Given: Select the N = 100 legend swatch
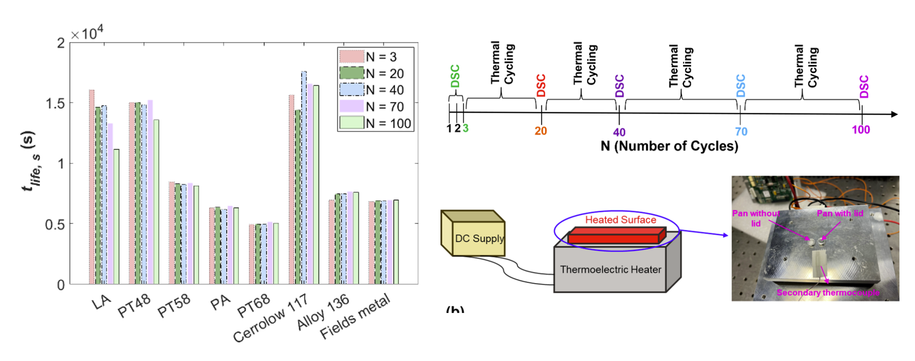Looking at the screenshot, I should click(x=352, y=123).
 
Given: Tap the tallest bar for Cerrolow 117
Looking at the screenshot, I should click(x=304, y=177).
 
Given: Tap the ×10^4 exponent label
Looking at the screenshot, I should click(x=87, y=34).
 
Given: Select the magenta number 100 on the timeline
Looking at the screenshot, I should click(x=861, y=130).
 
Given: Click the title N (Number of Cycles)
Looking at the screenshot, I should click(x=669, y=146).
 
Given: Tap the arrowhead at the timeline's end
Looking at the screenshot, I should click(x=894, y=114).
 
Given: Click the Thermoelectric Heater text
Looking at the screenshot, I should click(x=610, y=269).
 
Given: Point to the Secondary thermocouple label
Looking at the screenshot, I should click(x=828, y=293).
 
